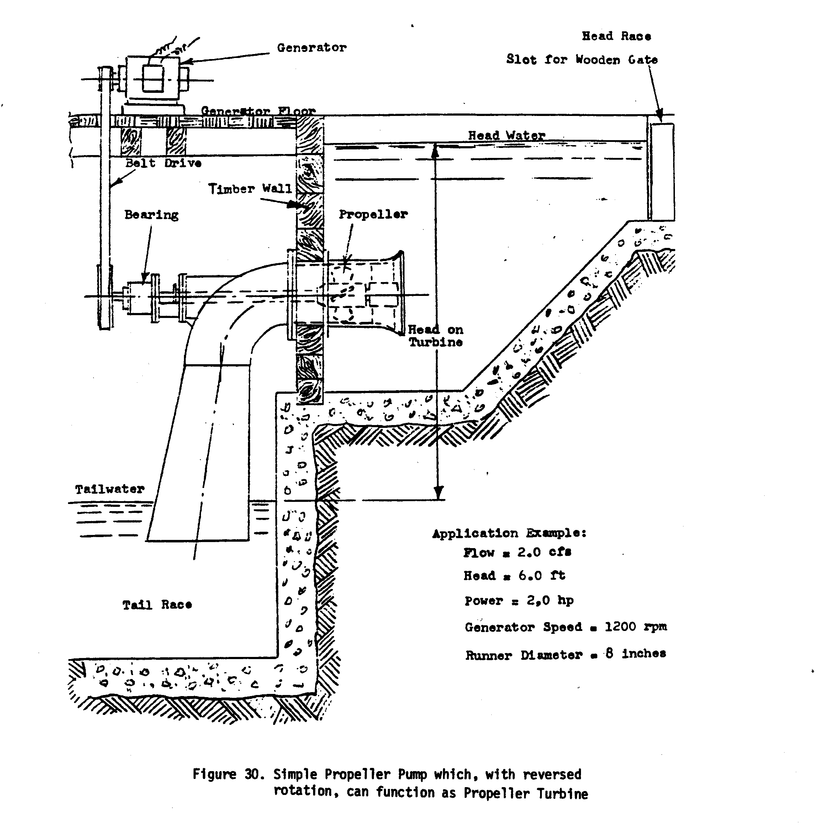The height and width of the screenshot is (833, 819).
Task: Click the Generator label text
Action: pyautogui.click(x=311, y=48)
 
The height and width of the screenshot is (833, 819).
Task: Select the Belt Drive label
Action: pyautogui.click(x=163, y=163)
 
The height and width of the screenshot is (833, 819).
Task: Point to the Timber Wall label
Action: pyautogui.click(x=250, y=189)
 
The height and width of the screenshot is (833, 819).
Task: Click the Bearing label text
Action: pyautogui.click(x=152, y=214)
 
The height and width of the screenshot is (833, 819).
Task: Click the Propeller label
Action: pyautogui.click(x=373, y=214)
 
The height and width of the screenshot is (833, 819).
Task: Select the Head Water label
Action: pyautogui.click(x=506, y=136)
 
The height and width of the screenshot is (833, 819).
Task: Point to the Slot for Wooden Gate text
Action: pyautogui.click(x=582, y=59)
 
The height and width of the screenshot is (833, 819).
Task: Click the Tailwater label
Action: pyautogui.click(x=110, y=489)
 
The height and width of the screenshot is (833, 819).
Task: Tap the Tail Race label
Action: pyautogui.click(x=157, y=605)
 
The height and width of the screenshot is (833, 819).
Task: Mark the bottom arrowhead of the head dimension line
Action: pyautogui.click(x=438, y=494)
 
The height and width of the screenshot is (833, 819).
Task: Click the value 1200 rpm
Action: pyautogui.click(x=636, y=627)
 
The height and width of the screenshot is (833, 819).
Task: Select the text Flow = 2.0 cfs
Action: pyautogui.click(x=517, y=552)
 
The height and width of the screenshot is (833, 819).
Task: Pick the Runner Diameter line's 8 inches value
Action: pyautogui.click(x=636, y=654)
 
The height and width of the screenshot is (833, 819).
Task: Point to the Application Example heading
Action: pyautogui.click(x=509, y=533)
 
